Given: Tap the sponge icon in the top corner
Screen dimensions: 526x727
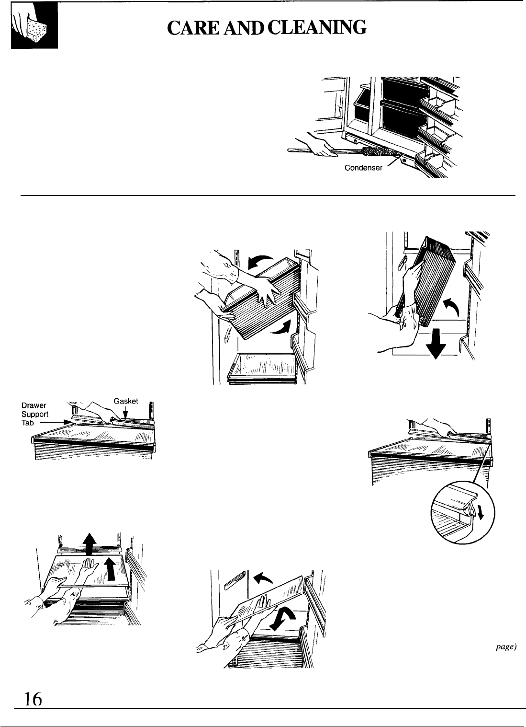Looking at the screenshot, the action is [34, 26].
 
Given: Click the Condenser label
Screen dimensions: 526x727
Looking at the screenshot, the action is [363, 168].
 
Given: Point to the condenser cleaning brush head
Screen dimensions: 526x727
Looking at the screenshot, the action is [381, 152].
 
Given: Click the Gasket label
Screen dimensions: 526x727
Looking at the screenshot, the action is [126, 401].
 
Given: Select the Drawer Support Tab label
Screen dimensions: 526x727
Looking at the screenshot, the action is [34, 414].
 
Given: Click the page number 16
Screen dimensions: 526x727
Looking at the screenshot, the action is [34, 699].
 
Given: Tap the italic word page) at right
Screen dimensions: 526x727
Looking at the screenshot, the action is [506, 647].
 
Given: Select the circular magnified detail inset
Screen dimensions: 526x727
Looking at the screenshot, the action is [463, 512].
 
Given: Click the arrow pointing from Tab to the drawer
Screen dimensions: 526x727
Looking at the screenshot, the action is [55, 422].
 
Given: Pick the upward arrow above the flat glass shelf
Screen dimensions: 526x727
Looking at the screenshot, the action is [90, 543].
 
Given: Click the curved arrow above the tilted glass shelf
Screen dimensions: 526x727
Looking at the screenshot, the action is [263, 577].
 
